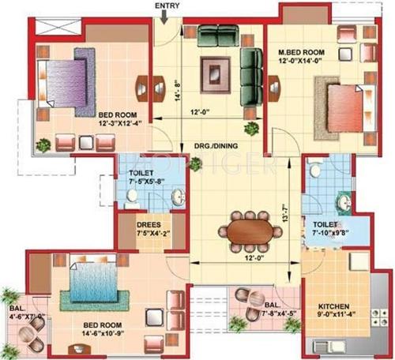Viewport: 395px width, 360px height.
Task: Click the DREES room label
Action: pyautogui.click(x=149, y=224)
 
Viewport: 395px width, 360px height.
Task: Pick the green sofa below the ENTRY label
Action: pyautogui.click(x=217, y=36)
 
